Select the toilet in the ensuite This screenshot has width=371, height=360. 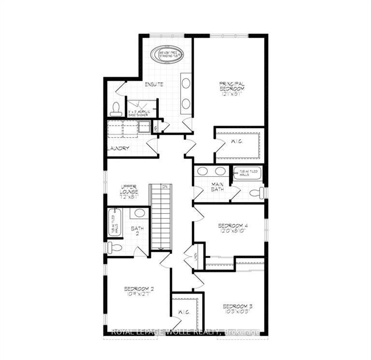coord(116,109)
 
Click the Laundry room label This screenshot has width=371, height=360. coord(118,148)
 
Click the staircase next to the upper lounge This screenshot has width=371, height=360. coord(161,217)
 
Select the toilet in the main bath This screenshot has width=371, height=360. coord(257,193)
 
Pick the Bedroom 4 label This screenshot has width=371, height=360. coord(233,228)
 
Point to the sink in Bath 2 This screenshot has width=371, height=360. coord(140,213)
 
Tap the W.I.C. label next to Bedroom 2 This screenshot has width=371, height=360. coord(184,313)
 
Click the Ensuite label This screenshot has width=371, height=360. coord(154,85)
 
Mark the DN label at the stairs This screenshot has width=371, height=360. coord(164,187)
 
